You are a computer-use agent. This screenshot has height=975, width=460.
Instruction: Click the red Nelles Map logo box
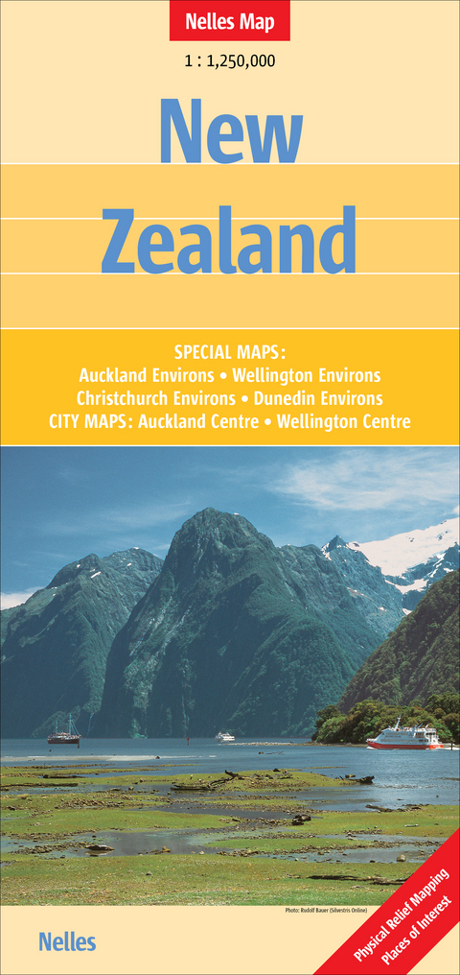coord(229,20)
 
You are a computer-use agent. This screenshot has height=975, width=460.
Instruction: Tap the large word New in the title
coord(230,131)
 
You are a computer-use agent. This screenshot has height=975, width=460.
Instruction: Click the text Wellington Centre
coord(343,420)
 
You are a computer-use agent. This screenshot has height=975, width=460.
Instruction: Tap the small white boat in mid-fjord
coord(225,736)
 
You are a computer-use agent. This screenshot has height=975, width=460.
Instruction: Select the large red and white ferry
coord(403,737)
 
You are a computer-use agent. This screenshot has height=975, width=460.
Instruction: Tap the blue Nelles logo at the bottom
coord(67,941)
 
